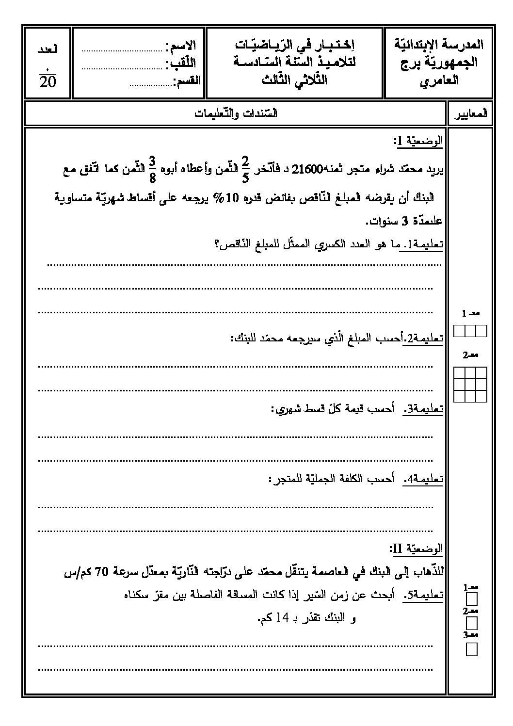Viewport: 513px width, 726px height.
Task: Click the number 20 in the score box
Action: click(48, 81)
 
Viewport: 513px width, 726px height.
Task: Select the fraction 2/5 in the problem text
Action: click(245, 169)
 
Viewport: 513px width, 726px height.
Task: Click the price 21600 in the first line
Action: click(305, 170)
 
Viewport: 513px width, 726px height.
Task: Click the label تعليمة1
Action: click(427, 245)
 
